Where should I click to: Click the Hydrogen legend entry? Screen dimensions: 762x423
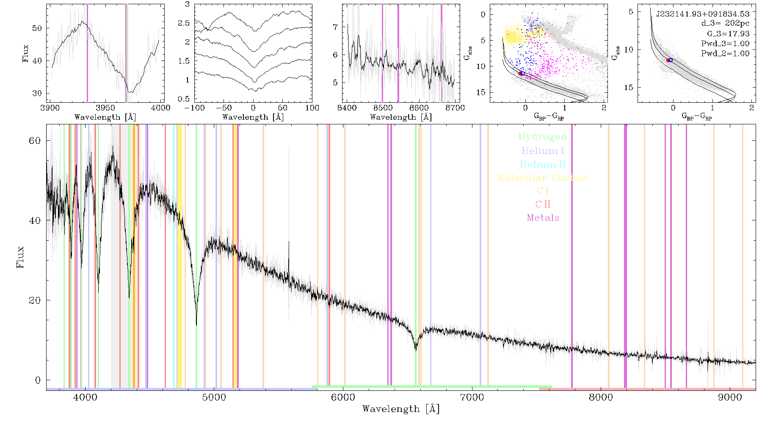(x=542, y=137)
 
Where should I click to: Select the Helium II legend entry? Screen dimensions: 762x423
(x=543, y=164)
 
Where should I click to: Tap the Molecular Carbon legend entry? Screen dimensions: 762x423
(x=543, y=178)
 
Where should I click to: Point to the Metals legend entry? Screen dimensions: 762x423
(x=543, y=218)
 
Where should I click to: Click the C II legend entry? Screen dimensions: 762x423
(x=543, y=204)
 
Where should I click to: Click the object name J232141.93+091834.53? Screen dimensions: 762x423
(x=703, y=14)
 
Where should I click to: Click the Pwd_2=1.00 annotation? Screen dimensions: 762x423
(x=726, y=54)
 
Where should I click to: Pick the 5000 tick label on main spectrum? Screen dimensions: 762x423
(x=214, y=397)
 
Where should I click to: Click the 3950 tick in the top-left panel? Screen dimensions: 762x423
(x=105, y=107)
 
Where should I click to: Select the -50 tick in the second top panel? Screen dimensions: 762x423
(x=223, y=107)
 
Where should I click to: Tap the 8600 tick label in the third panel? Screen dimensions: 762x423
(x=419, y=107)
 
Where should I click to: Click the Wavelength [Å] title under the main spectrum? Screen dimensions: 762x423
(x=401, y=409)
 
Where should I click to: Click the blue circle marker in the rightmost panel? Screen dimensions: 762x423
(x=671, y=60)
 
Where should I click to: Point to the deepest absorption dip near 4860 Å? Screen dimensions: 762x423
(x=196, y=324)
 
